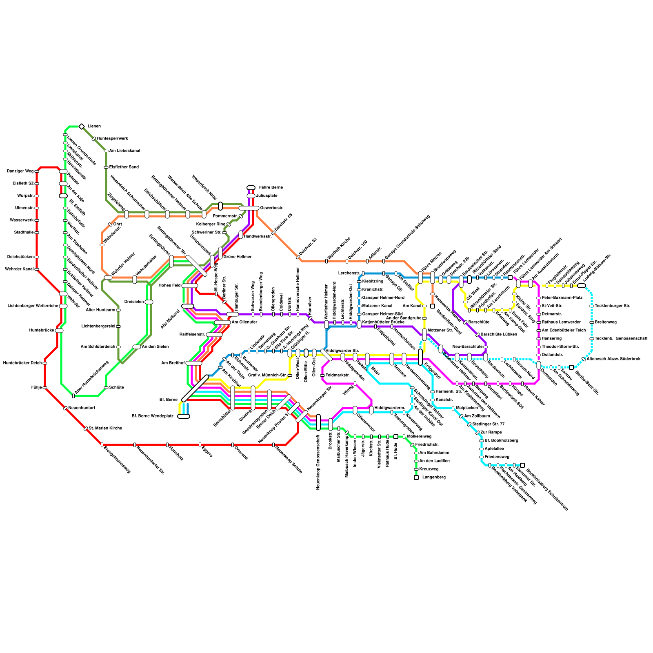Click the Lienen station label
point(94,127)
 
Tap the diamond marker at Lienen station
point(82,127)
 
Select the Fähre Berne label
point(271,188)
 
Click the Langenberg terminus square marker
point(416,478)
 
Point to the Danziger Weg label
point(20,171)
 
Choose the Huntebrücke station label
point(42,331)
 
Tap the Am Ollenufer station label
point(244,322)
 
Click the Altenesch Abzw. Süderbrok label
point(613,359)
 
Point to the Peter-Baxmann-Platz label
point(562,298)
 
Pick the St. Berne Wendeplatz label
point(152,416)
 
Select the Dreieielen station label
point(134,302)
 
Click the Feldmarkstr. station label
point(338,375)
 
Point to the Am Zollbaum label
point(477,416)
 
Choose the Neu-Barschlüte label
point(468,347)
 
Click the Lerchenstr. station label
point(349,273)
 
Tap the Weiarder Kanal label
point(19,269)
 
